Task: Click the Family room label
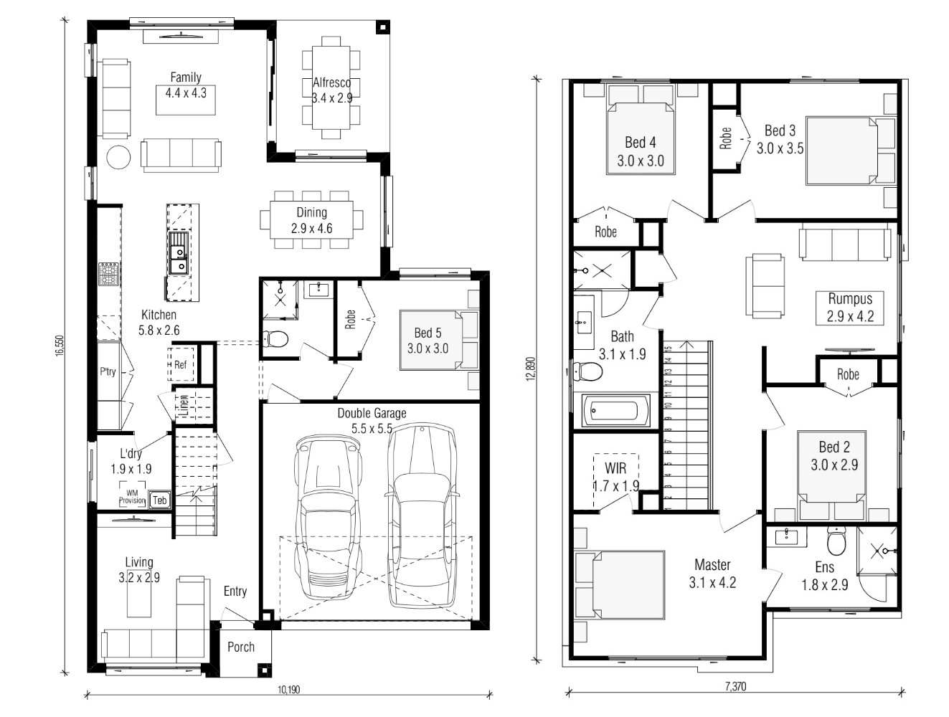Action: pos(186,77)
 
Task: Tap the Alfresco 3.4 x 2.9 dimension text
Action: pos(331,98)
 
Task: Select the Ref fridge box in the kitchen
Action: pos(180,364)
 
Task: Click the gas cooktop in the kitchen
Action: pos(108,274)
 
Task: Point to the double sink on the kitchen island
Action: pos(179,253)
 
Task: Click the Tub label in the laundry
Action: pos(159,500)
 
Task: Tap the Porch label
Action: pos(241,647)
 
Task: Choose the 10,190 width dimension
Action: pos(288,689)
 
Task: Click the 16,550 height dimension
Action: pos(60,346)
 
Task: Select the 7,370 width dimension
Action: pos(735,686)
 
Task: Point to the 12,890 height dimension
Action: pos(531,369)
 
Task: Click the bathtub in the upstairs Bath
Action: pos(615,410)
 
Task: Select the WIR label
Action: pos(615,467)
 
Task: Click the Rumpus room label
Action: pos(850,299)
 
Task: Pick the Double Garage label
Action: pos(372,413)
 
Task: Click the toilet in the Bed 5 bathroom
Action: pos(276,339)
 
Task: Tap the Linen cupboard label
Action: pos(184,405)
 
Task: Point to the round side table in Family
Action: pos(118,157)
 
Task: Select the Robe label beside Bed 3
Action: pos(726,138)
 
